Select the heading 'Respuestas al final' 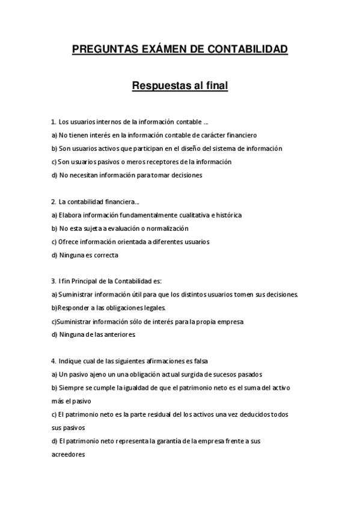180,85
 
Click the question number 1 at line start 53,121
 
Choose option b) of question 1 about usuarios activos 166,148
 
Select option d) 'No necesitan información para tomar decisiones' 126,175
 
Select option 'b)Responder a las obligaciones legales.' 100,308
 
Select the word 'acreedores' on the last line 68,455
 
